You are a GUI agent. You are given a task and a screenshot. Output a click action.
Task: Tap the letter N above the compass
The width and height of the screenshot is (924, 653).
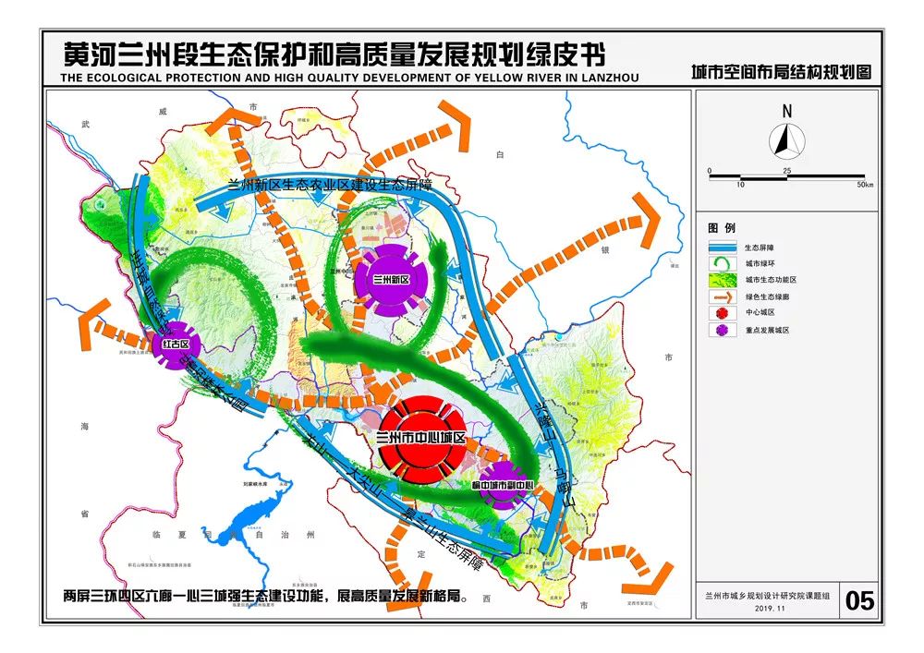pyautogui.click(x=787, y=111)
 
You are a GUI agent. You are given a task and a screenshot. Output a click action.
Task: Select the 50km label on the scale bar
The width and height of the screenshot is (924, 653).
pyautogui.click(x=864, y=185)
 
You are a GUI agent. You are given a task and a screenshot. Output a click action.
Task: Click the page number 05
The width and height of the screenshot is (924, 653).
pyautogui.click(x=858, y=601)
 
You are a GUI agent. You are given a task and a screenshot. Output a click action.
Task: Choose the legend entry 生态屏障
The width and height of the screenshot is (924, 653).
pyautogui.click(x=761, y=248)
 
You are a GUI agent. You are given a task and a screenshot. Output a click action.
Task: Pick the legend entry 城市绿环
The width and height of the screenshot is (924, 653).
pyautogui.click(x=761, y=263)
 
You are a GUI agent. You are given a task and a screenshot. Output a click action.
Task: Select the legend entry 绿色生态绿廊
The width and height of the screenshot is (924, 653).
pyautogui.click(x=767, y=296)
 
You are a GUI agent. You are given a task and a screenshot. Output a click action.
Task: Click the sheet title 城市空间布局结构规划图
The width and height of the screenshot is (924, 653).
pyautogui.click(x=782, y=71)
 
